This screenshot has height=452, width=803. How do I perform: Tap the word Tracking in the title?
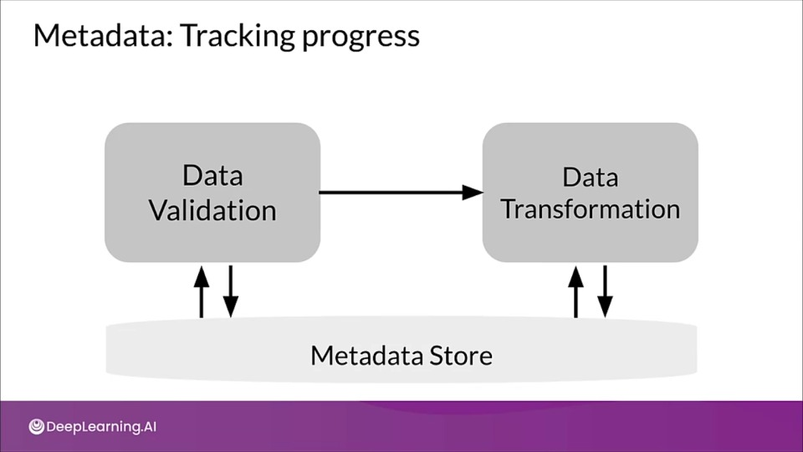pyautogui.click(x=237, y=37)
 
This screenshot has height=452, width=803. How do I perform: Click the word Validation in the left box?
pyautogui.click(x=212, y=210)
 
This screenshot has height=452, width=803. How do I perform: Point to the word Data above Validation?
pyautogui.click(x=212, y=175)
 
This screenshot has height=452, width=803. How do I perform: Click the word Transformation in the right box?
pyautogui.click(x=591, y=209)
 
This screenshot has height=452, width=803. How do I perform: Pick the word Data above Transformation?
pyautogui.click(x=591, y=177)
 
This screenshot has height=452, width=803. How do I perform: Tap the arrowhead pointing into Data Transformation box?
pyautogui.click(x=473, y=193)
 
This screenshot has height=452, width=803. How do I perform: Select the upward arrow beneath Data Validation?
pyautogui.click(x=202, y=291)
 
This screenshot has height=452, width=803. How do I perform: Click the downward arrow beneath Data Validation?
pyautogui.click(x=231, y=291)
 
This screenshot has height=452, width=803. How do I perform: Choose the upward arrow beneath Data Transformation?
pyautogui.click(x=576, y=291)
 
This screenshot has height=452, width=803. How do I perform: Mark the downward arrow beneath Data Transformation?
pyautogui.click(x=606, y=291)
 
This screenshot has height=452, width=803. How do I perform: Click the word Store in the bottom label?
pyautogui.click(x=461, y=355)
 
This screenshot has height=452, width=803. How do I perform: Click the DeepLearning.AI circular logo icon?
pyautogui.click(x=36, y=426)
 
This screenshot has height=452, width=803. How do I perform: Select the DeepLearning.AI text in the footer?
pyautogui.click(x=101, y=427)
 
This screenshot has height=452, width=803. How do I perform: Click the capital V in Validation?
pyautogui.click(x=158, y=210)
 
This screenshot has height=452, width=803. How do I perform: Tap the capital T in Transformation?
pyautogui.click(x=509, y=209)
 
